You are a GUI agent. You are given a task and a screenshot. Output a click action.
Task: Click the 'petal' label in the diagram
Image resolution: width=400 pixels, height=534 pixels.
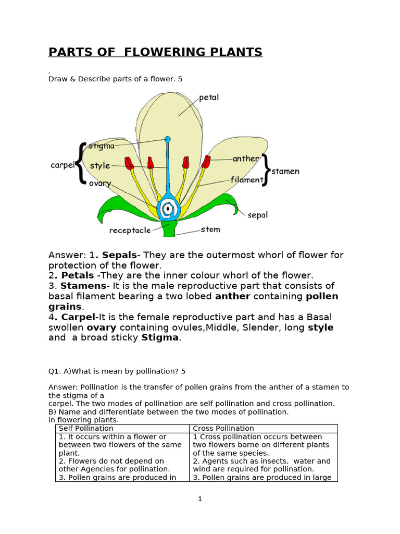(x=208, y=98)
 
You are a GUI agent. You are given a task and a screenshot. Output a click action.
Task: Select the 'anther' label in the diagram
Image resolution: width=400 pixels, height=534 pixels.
(x=246, y=159)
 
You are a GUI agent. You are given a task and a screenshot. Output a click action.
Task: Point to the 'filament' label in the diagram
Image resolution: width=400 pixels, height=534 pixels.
(x=247, y=180)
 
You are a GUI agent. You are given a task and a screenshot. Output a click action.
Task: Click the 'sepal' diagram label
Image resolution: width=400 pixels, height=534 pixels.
(x=257, y=215)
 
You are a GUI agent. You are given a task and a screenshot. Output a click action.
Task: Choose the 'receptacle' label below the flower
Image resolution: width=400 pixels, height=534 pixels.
(x=130, y=230)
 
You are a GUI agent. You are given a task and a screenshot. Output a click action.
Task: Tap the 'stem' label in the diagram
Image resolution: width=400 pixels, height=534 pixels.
(x=210, y=229)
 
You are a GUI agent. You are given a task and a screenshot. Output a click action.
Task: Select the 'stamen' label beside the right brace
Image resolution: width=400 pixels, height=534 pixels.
(x=285, y=172)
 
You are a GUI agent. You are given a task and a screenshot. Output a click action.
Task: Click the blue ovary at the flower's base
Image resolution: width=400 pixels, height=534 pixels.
(x=168, y=209)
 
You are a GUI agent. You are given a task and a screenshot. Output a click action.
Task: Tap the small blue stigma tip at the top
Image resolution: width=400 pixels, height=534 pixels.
(x=168, y=139)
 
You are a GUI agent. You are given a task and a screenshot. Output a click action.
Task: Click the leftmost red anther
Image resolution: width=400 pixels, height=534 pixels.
(x=129, y=163)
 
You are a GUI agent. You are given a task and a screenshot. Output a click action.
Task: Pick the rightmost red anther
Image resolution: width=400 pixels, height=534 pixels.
(x=206, y=162)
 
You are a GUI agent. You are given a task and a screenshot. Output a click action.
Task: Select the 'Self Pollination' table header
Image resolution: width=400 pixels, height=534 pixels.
(x=86, y=429)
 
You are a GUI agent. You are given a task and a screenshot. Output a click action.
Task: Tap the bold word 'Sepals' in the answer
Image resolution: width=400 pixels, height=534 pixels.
(x=119, y=255)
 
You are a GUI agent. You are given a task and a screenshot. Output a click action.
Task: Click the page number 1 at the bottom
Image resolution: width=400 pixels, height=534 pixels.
(x=199, y=499)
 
